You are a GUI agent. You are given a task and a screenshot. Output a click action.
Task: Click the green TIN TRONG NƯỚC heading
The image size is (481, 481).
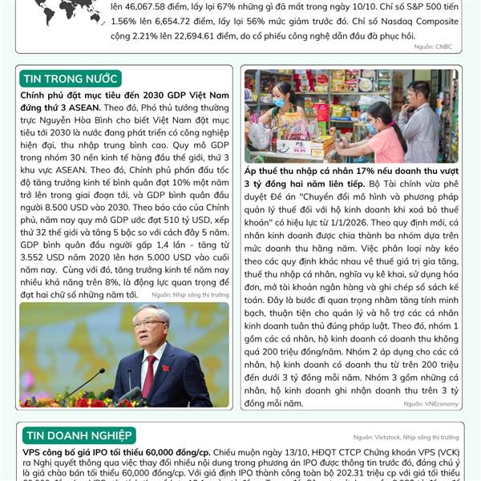click(x=71, y=78)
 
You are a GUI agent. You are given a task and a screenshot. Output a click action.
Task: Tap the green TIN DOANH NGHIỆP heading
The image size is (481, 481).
click(x=79, y=435)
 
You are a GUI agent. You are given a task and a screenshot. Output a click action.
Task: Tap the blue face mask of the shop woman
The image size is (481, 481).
click(x=278, y=103)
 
